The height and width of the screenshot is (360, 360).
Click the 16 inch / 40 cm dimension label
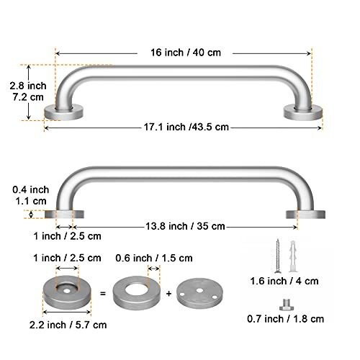click(x=186, y=53)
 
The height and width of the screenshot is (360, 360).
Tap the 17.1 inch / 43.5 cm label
click(x=186, y=127)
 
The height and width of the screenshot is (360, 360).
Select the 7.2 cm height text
click(x=28, y=97)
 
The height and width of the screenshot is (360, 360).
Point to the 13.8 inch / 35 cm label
click(x=185, y=226)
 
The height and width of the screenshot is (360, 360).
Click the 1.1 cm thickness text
click(x=31, y=201)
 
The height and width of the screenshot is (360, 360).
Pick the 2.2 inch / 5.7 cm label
click(x=68, y=325)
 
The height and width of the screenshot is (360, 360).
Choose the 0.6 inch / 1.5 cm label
click(x=154, y=258)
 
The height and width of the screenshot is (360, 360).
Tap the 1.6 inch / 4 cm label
click(x=284, y=281)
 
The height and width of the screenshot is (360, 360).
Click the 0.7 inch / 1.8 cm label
click(x=285, y=319)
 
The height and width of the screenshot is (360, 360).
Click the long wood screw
click(x=278, y=256)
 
